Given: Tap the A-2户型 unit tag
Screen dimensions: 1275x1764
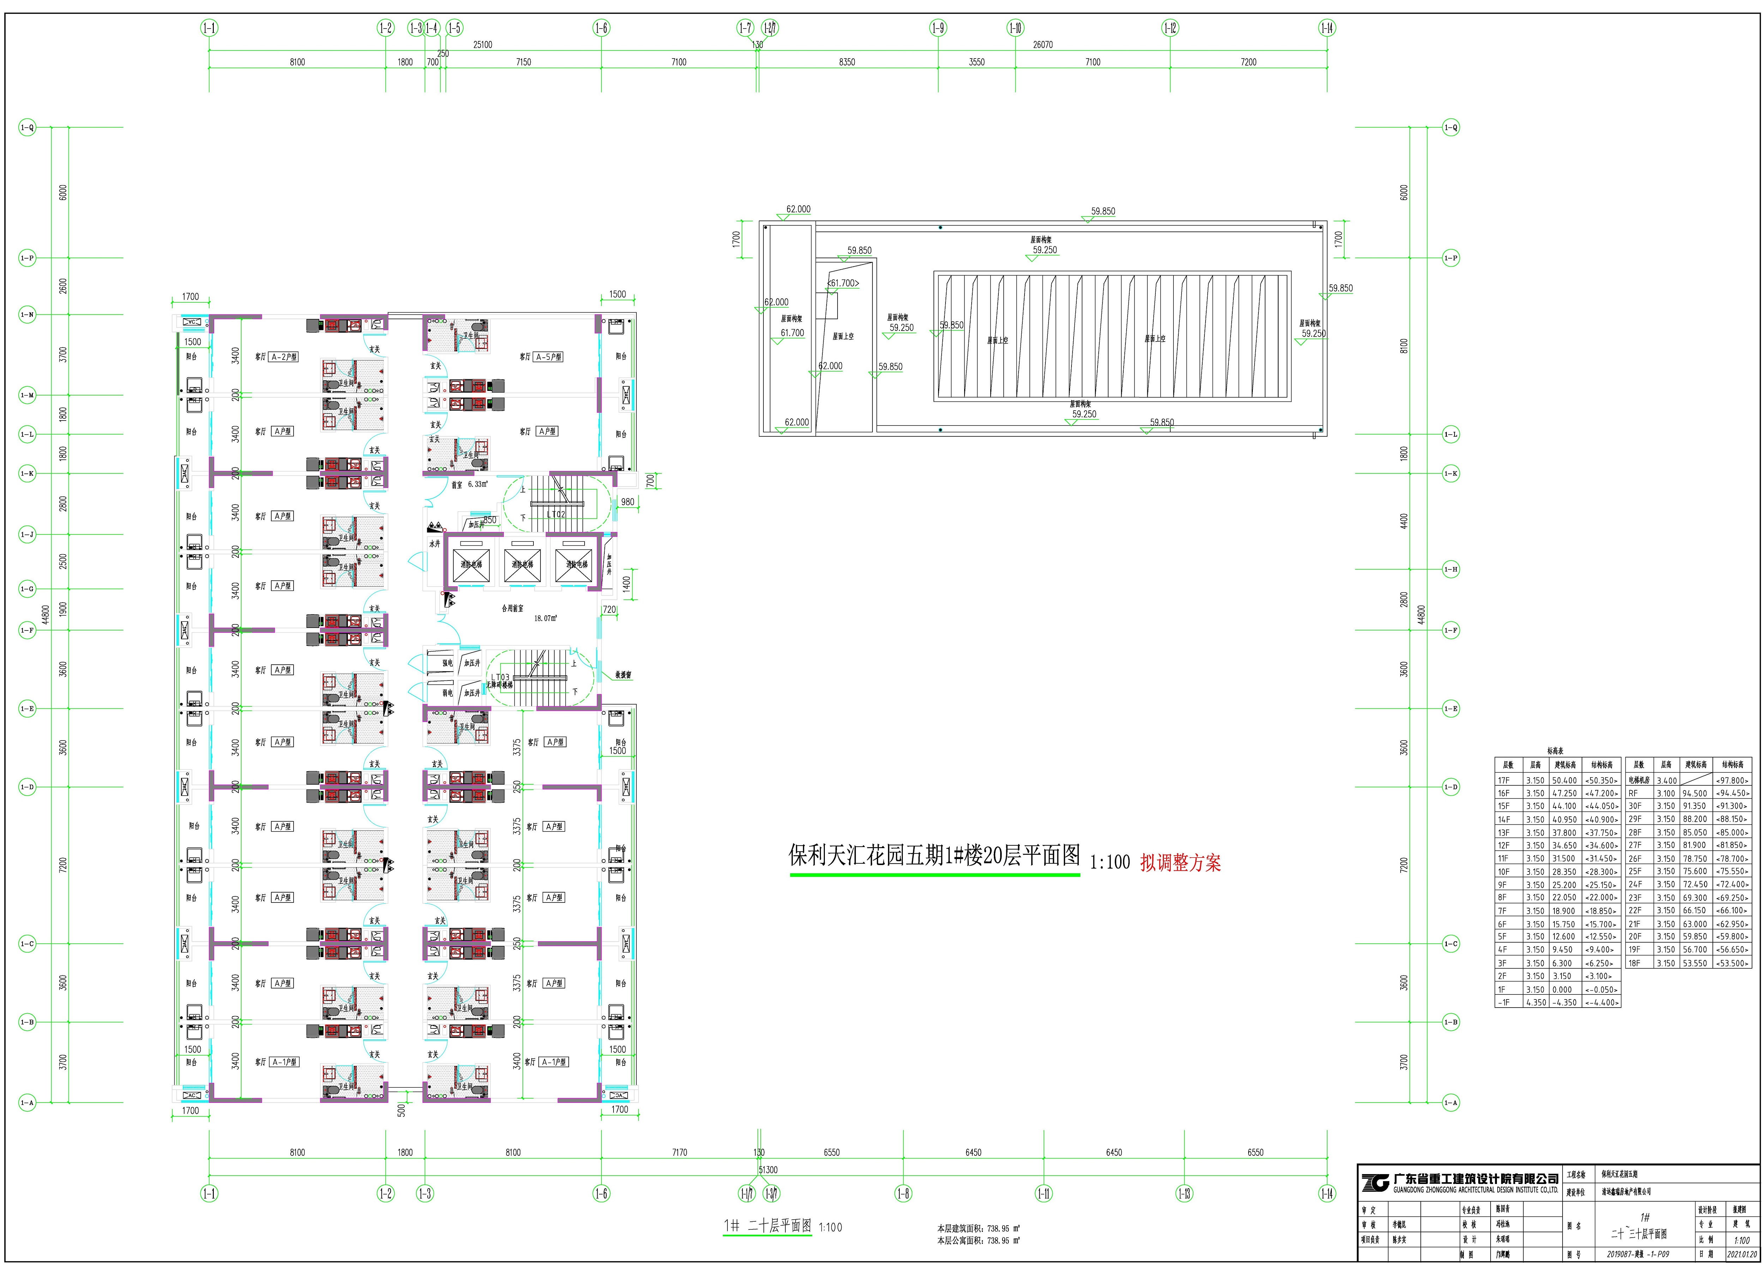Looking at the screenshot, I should tap(284, 357).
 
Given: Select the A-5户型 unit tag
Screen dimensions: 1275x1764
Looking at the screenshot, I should tap(548, 357).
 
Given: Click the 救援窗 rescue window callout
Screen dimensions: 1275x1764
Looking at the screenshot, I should tap(623, 675).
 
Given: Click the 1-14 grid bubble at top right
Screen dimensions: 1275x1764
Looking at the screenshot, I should tap(1327, 28).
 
